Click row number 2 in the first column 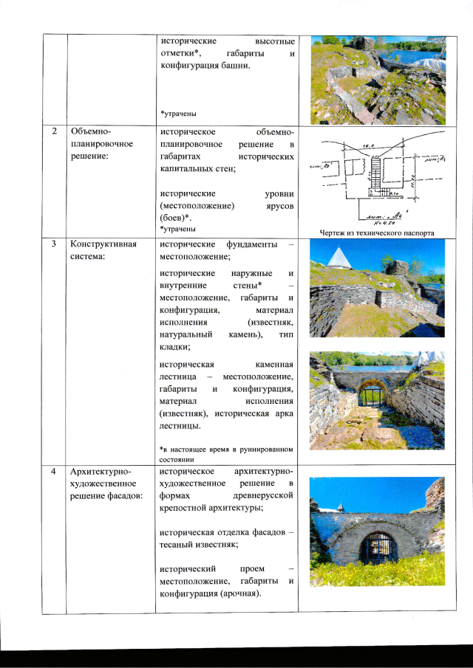[53, 131]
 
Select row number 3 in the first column [53, 244]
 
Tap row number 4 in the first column [53, 471]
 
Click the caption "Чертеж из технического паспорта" [377, 234]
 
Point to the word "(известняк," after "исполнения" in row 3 [271, 323]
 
